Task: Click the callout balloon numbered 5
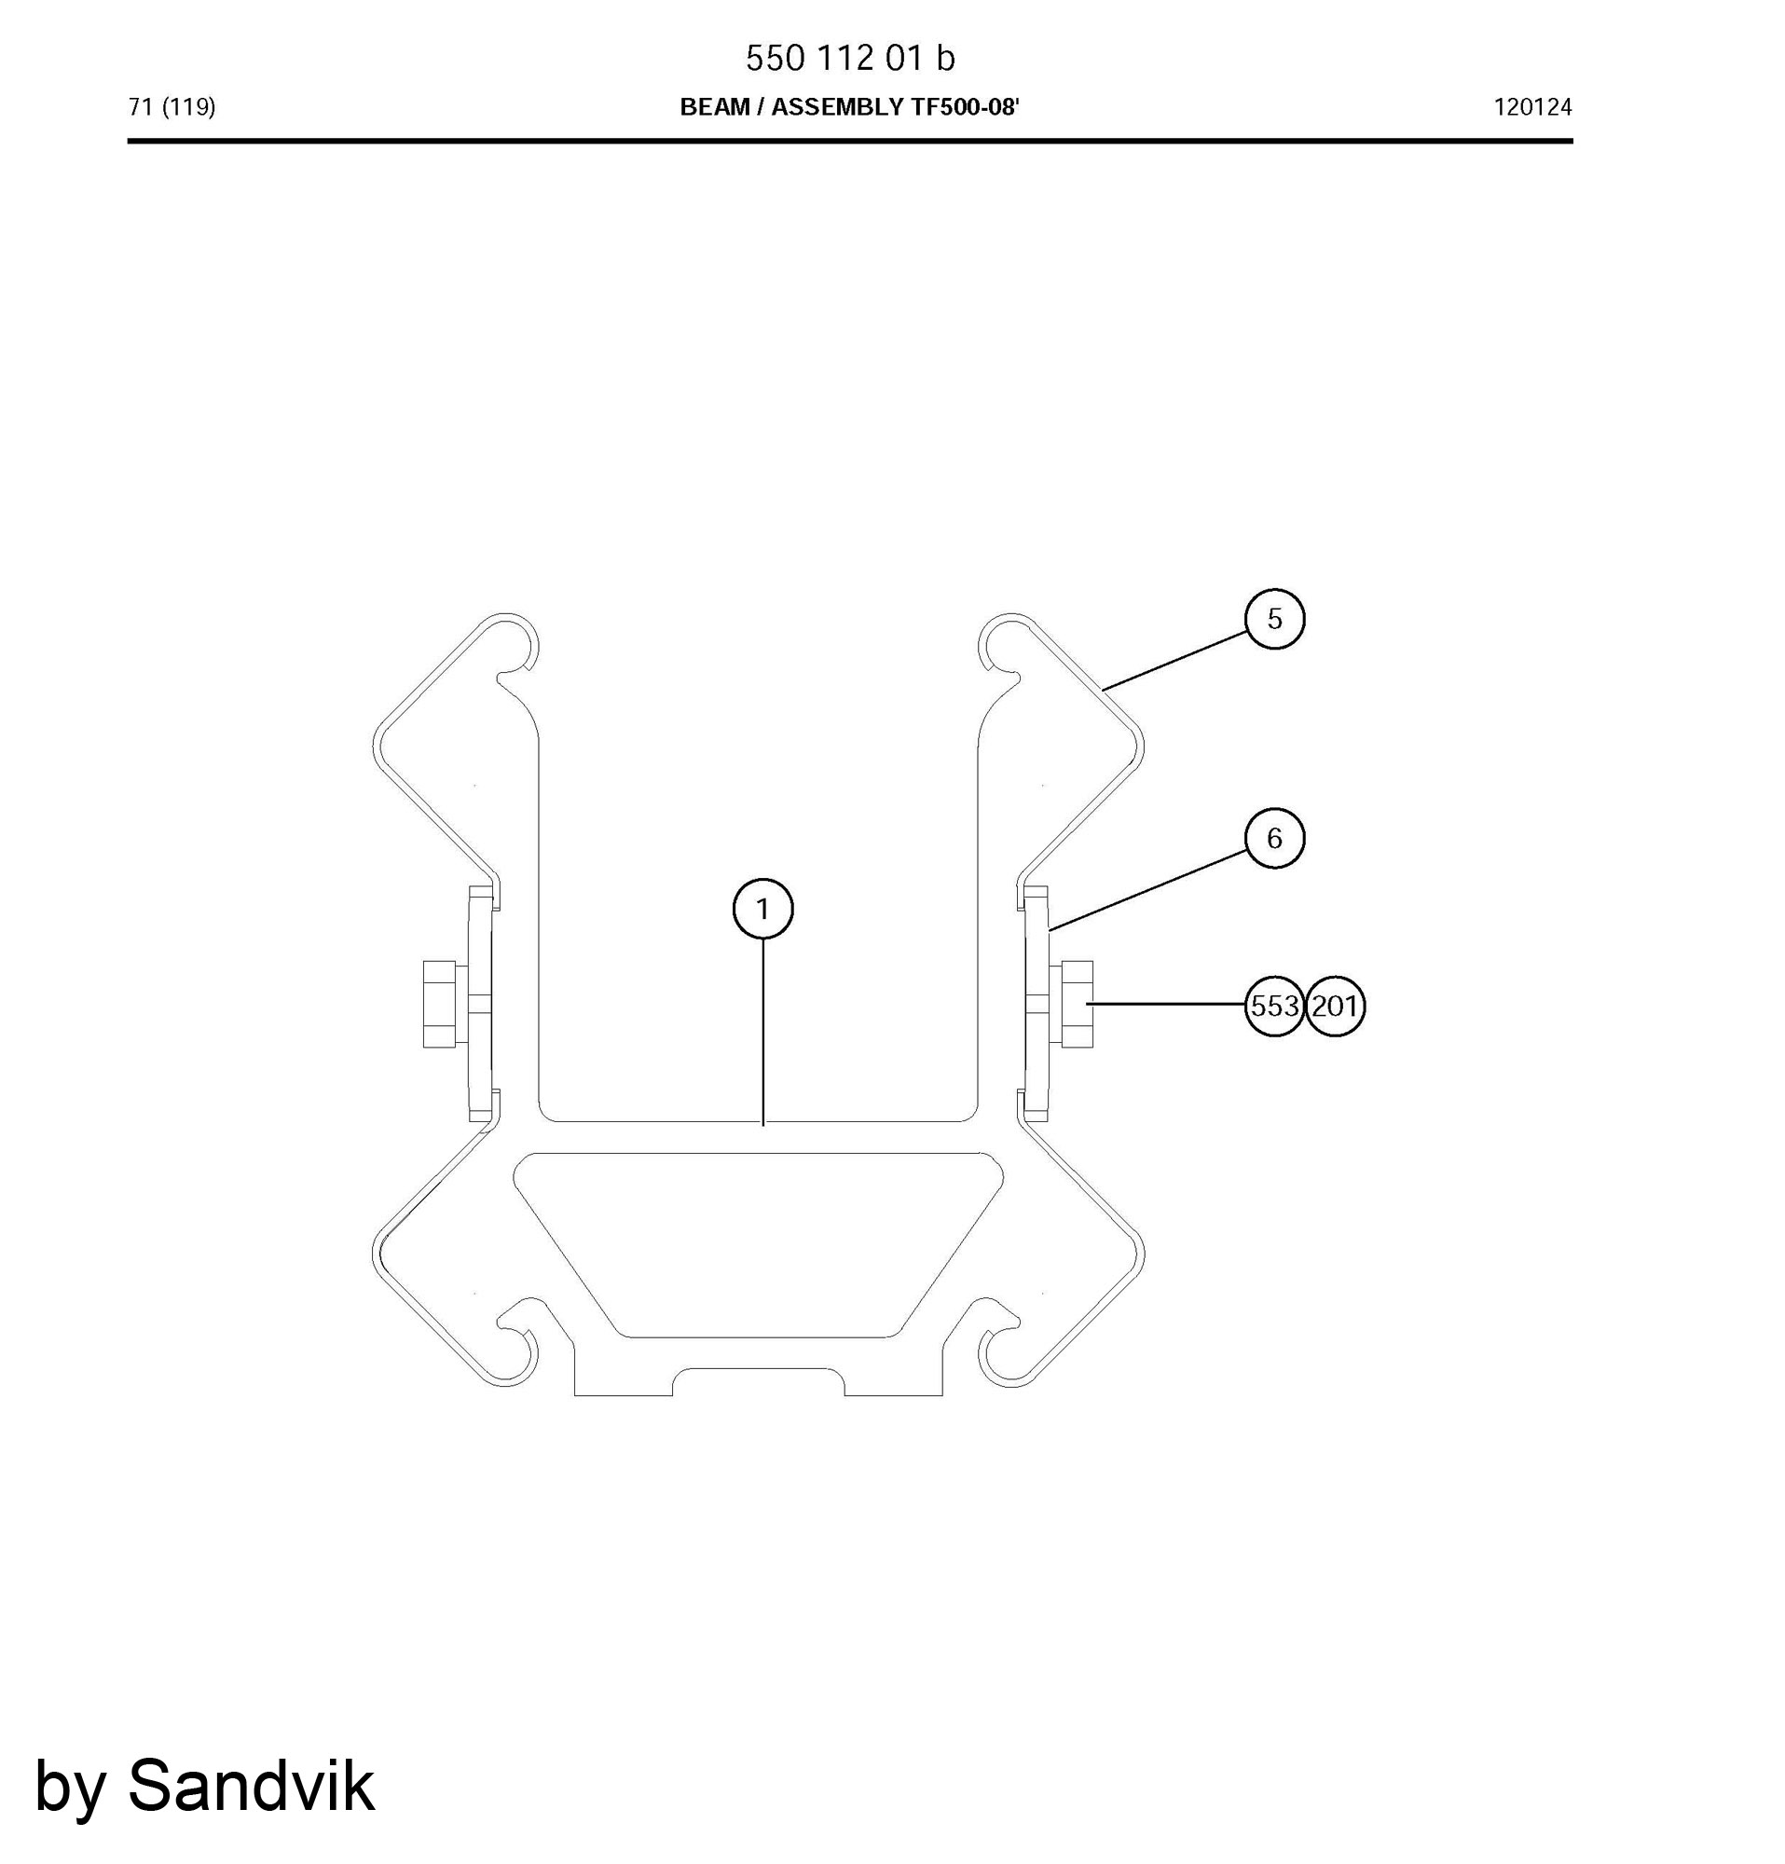coord(1273,619)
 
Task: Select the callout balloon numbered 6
coord(1273,838)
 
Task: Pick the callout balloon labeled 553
coord(1273,1007)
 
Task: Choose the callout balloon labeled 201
coord(1334,1007)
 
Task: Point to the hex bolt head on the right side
coord(1076,1006)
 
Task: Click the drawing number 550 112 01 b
coord(850,59)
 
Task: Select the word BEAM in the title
coord(714,107)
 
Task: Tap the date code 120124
coord(1532,107)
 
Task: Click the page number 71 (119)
coord(172,107)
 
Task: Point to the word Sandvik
coord(251,1786)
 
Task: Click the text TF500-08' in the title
coord(966,107)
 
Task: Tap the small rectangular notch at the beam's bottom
coord(758,1382)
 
